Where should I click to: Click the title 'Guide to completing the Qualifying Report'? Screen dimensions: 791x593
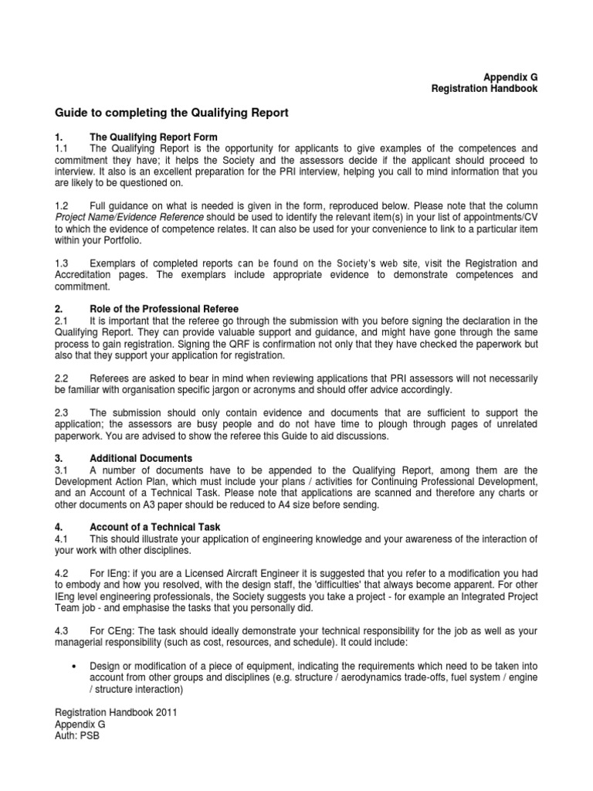click(171, 113)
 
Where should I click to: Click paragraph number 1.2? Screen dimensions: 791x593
click(62, 206)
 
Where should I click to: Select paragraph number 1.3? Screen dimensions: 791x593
click(62, 263)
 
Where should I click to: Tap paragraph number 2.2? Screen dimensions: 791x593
click(62, 378)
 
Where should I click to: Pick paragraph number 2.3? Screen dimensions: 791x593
click(62, 412)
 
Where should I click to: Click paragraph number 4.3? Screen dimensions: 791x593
click(62, 630)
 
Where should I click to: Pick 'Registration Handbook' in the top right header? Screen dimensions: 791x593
click(483, 89)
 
